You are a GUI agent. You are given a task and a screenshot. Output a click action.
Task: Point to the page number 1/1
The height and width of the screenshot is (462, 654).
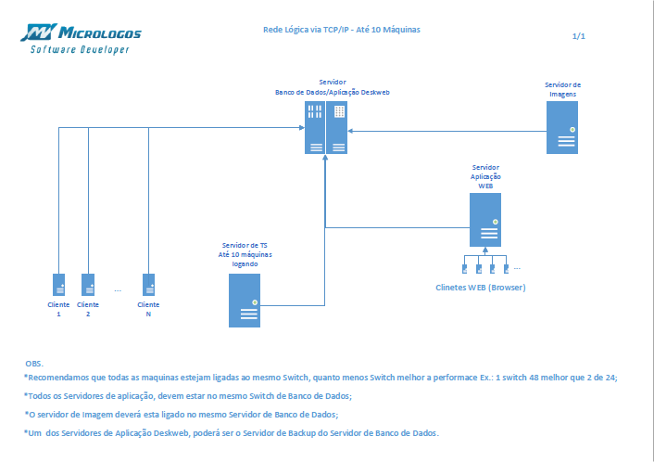pyautogui.click(x=579, y=36)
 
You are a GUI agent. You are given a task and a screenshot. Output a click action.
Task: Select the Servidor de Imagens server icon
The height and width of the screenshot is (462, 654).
pyautogui.click(x=562, y=126)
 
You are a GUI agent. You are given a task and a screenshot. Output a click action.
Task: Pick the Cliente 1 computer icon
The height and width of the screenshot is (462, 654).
pyautogui.click(x=58, y=285)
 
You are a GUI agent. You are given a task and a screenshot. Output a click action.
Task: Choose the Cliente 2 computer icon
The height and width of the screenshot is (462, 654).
pyautogui.click(x=88, y=285)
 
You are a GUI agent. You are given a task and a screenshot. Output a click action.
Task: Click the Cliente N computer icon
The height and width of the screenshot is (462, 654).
pyautogui.click(x=148, y=285)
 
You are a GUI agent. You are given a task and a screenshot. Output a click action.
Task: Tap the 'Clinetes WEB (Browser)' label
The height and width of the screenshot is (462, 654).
pyautogui.click(x=480, y=288)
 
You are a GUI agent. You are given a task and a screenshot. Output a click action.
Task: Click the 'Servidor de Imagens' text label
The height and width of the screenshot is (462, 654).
pyautogui.click(x=562, y=89)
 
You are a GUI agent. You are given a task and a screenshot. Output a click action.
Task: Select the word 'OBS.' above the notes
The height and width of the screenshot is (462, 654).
pyautogui.click(x=34, y=364)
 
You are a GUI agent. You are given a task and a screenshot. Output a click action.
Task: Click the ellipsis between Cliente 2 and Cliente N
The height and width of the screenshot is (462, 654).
pyautogui.click(x=118, y=290)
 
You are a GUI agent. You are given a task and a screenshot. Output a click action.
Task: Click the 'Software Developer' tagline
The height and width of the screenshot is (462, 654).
pyautogui.click(x=80, y=49)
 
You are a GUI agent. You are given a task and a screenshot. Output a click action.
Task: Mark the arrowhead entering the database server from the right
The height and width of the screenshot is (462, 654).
pyautogui.click(x=351, y=131)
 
